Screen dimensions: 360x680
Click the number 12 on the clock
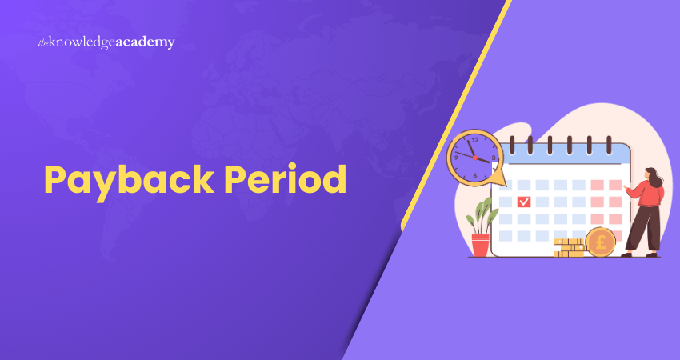pyautogui.click(x=474, y=139)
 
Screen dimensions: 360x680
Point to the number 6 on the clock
pyautogui.click(x=475, y=175)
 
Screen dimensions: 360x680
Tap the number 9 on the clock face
pyautogui.click(x=457, y=158)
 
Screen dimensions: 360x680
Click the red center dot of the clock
pyautogui.click(x=475, y=158)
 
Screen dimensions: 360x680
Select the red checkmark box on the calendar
pyautogui.click(x=524, y=202)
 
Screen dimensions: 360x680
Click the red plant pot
pyautogui.click(x=480, y=245)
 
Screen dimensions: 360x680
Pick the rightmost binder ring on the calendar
pyautogui.click(x=610, y=143)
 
